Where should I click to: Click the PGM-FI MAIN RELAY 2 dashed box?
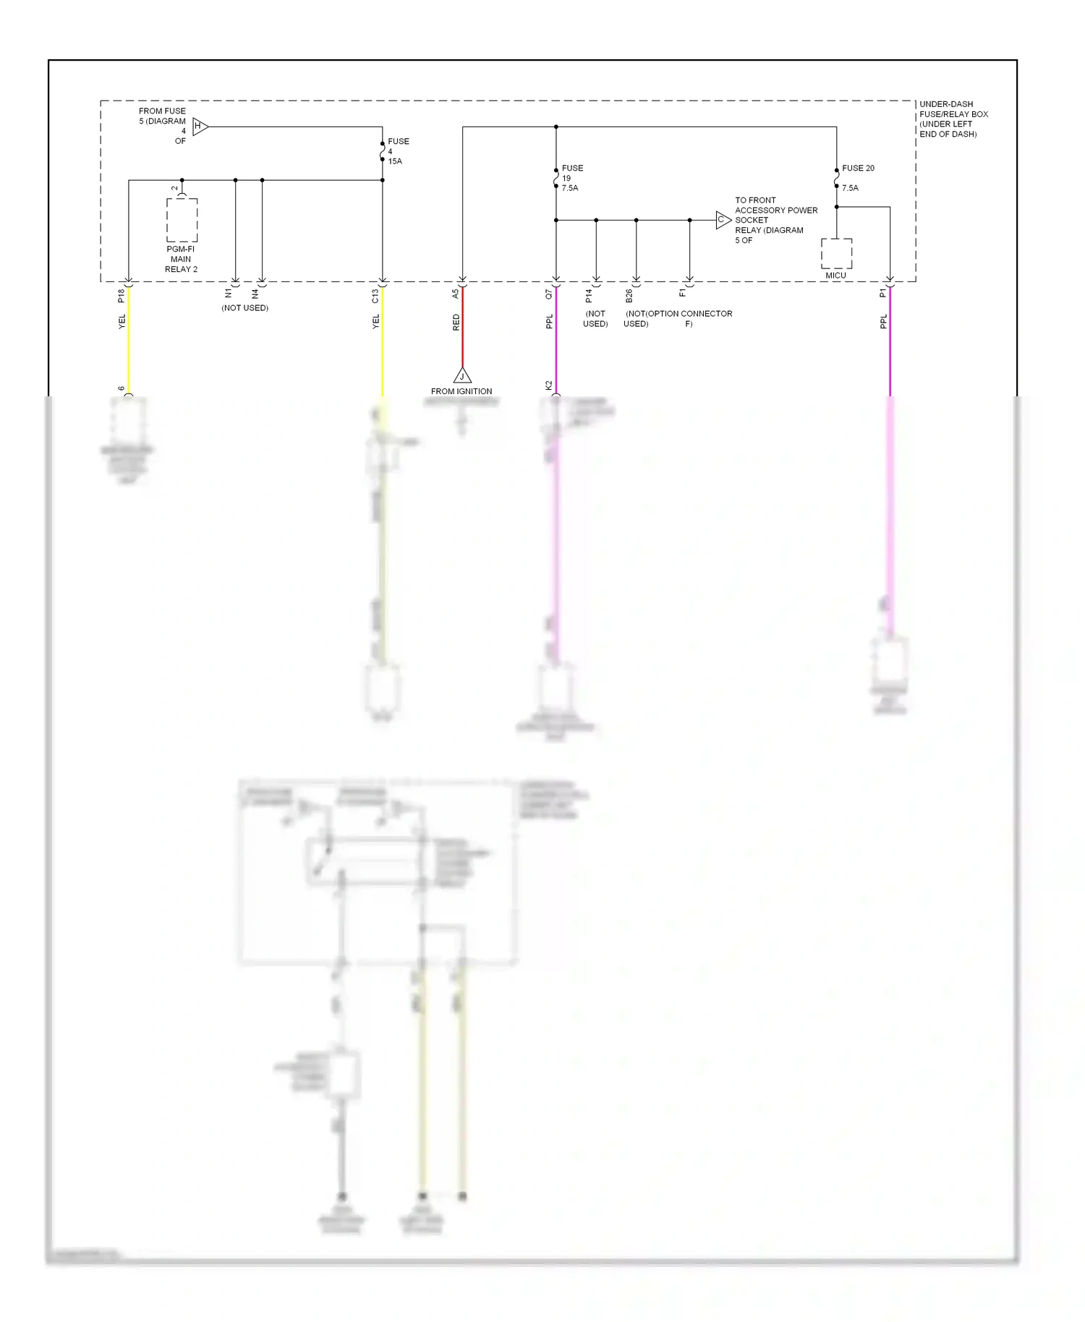(x=182, y=220)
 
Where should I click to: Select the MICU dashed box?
(x=836, y=253)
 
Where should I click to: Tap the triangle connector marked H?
(x=200, y=127)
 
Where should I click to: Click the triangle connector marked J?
(x=462, y=375)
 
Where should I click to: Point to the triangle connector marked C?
(x=723, y=220)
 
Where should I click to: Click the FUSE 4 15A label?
(x=397, y=151)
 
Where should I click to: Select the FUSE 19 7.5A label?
(x=571, y=178)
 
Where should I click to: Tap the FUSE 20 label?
(x=858, y=169)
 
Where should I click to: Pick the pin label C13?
(x=375, y=296)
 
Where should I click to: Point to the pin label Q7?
(x=549, y=294)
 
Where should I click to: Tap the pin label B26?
(x=629, y=296)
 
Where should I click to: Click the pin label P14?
(x=589, y=296)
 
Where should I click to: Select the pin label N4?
(x=255, y=294)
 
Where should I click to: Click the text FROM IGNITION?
(x=461, y=391)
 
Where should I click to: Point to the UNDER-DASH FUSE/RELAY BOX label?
(x=953, y=119)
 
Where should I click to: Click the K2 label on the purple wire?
(x=549, y=385)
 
